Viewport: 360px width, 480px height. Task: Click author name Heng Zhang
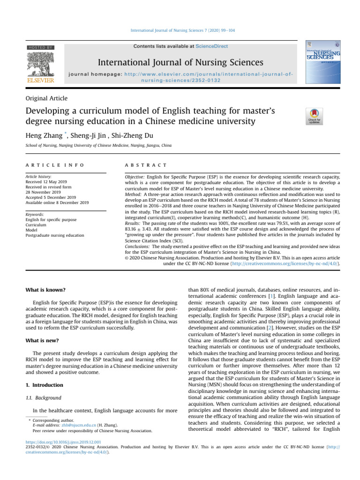[45, 136]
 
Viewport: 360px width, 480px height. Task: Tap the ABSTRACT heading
[143, 165]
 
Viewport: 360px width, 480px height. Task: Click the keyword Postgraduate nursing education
[55, 235]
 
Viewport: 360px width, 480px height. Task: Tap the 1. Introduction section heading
[44, 385]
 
